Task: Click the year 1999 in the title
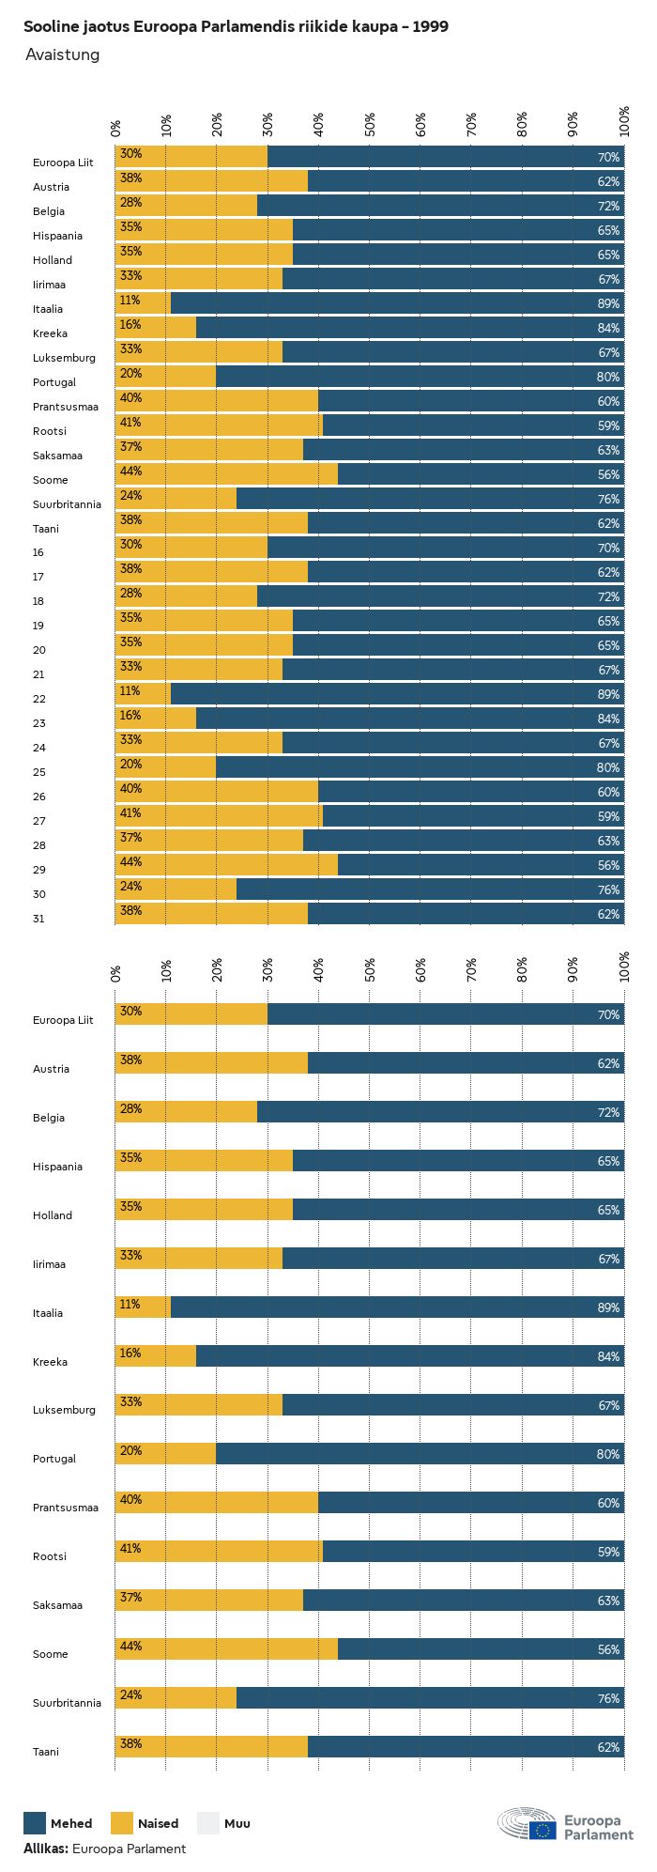pyautogui.click(x=430, y=27)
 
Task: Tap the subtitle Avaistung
pyautogui.click(x=62, y=54)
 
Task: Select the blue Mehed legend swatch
pyautogui.click(x=35, y=1822)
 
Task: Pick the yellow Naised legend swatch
pyautogui.click(x=122, y=1822)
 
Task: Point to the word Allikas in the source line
pyautogui.click(x=45, y=1849)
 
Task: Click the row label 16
pyautogui.click(x=38, y=552)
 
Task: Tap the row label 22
pyautogui.click(x=39, y=699)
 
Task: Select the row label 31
pyautogui.click(x=38, y=919)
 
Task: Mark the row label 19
pyautogui.click(x=39, y=626)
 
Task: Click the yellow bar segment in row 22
pyautogui.click(x=144, y=694)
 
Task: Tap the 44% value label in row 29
pyautogui.click(x=130, y=861)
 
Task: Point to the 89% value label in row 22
pyautogui.click(x=608, y=695)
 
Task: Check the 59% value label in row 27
pyautogui.click(x=608, y=817)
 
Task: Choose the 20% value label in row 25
pyautogui.click(x=130, y=764)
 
